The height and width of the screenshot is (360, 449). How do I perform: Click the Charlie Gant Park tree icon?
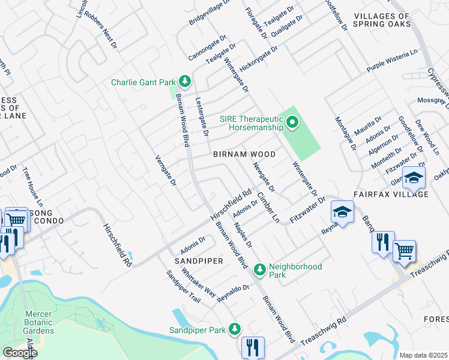[x=185, y=81]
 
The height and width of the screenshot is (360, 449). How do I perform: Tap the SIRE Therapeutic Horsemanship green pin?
[x=292, y=123]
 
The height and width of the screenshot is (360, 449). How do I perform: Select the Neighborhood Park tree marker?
[x=260, y=270]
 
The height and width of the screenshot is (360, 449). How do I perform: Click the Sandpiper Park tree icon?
[x=235, y=329]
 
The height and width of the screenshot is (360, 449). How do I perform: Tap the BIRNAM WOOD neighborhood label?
[x=244, y=154]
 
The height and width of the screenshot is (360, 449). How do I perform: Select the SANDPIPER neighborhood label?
[x=199, y=262]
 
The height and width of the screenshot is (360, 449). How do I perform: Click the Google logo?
[x=20, y=353]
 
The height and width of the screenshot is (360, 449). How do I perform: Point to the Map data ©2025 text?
[x=423, y=355]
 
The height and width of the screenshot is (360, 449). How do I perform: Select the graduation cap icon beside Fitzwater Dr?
[x=342, y=211]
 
